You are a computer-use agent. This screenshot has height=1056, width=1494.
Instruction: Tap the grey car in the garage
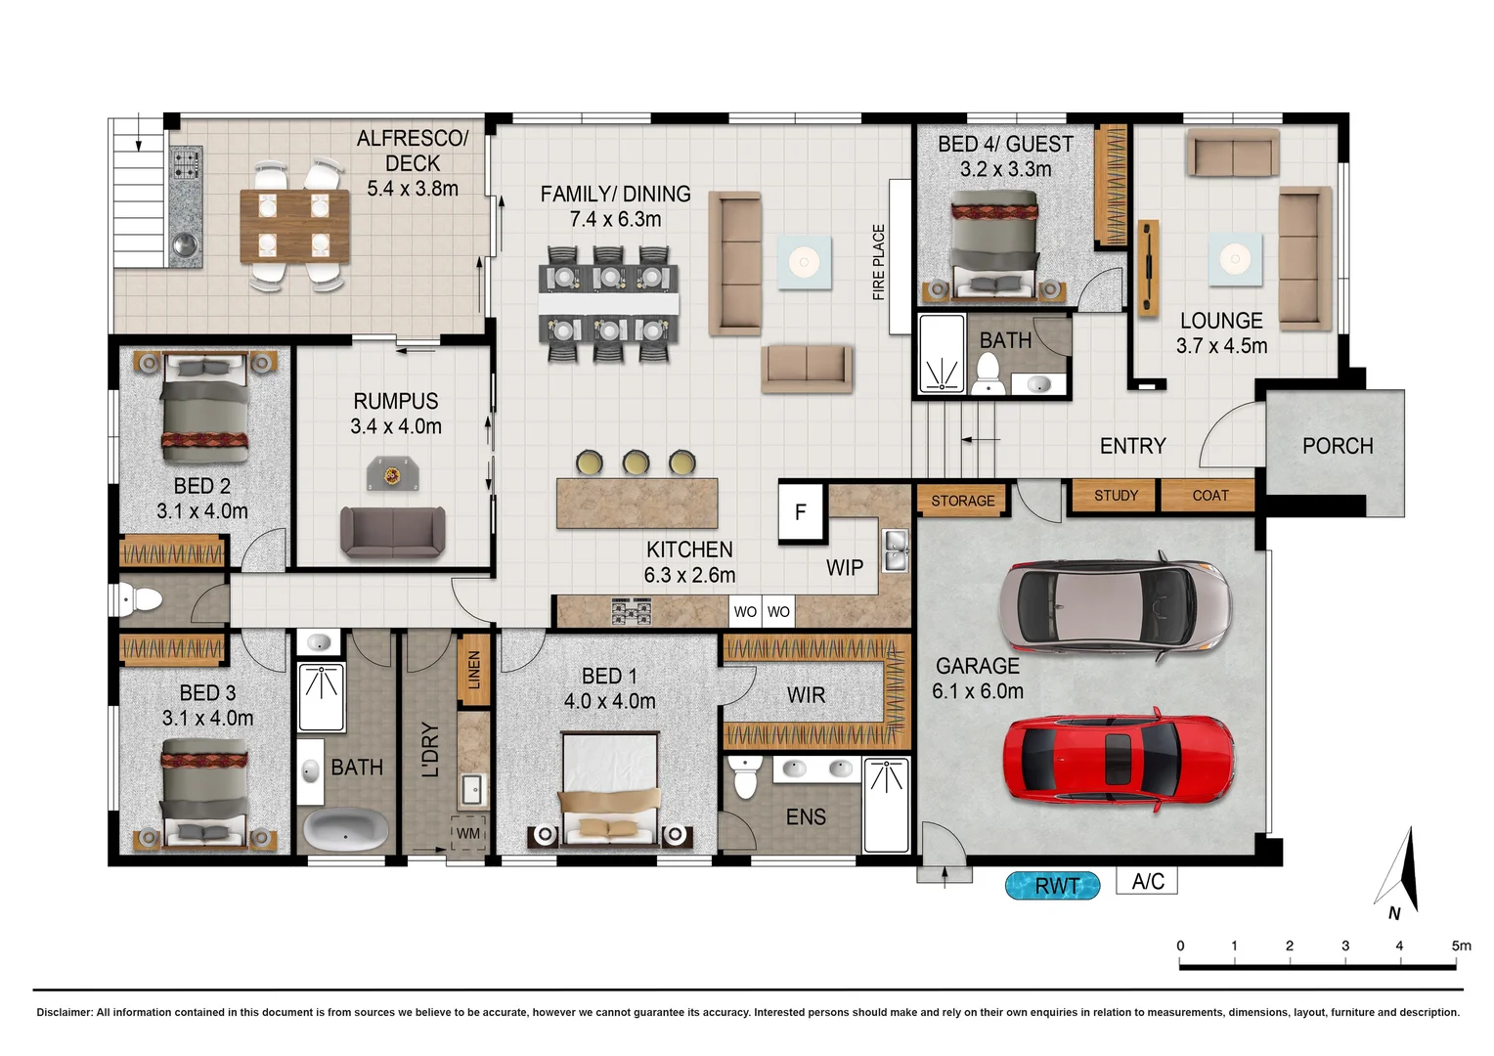coord(1116,605)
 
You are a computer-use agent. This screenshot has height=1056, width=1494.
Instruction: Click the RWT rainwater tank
coord(1052,885)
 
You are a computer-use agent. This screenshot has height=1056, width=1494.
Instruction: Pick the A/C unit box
coord(1147,881)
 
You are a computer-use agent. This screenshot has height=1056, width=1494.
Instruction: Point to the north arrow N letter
coord(1394,913)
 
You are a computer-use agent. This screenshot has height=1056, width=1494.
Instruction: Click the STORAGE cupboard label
coord(962,501)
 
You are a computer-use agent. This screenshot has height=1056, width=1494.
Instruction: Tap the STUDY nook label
coord(1116,495)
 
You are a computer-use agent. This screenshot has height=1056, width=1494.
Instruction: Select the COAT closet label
coord(1209,495)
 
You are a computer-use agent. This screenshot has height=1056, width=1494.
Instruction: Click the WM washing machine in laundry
coord(468,833)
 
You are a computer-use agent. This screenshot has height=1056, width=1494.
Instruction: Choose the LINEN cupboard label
coord(474,670)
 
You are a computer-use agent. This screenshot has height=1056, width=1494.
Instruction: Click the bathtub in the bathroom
coord(345,830)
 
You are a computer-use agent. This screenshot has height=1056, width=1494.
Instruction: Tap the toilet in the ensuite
coord(744,775)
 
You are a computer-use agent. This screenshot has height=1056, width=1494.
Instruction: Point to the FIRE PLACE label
coord(878,262)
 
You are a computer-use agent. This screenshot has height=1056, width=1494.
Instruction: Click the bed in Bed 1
coord(610,791)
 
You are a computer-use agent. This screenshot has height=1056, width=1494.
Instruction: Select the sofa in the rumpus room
coord(393,531)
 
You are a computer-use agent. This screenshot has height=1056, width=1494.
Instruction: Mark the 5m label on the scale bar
coord(1461,946)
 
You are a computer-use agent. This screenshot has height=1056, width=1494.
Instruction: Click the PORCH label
coord(1338,445)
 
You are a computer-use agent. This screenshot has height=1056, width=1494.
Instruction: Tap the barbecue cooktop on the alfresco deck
coord(186,164)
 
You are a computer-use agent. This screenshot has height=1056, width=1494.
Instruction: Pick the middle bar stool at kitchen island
coord(636,462)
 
